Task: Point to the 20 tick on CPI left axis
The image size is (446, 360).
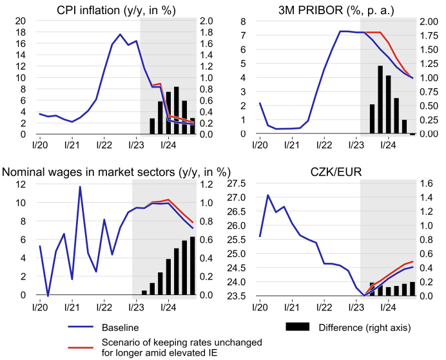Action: pos(21,21)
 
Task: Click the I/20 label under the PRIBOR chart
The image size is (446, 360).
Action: pos(259,145)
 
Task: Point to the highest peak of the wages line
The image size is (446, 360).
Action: pos(80,187)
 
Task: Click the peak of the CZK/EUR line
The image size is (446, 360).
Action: pos(267,194)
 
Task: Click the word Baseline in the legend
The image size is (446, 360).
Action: pos(121,328)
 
